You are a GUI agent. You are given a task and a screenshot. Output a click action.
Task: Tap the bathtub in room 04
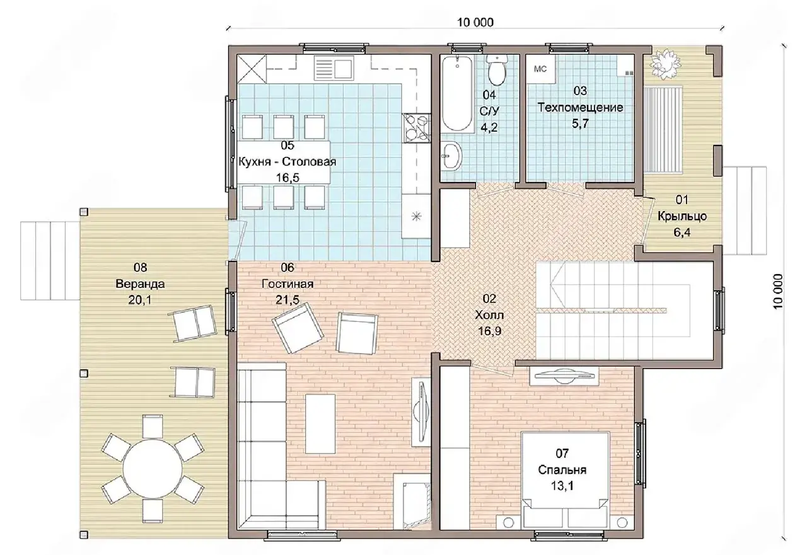(x=457, y=93)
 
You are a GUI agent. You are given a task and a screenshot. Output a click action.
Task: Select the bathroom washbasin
(x=452, y=156)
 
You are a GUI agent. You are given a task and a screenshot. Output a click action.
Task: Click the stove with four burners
(x=417, y=128)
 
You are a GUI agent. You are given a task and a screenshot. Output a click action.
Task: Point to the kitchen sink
(x=334, y=69)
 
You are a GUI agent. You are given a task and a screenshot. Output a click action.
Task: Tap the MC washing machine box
(x=540, y=69)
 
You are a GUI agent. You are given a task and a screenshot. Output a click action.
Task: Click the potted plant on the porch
(x=665, y=64)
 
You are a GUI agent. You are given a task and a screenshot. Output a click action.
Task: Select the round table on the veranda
(x=153, y=469)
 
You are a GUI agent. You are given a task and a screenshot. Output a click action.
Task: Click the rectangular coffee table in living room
(x=320, y=424)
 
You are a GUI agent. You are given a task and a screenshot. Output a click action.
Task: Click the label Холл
(x=489, y=315)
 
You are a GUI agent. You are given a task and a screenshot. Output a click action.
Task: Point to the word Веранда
(x=140, y=284)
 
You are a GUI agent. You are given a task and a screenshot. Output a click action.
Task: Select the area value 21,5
(x=287, y=300)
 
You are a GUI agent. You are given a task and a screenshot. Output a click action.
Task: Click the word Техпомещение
(x=580, y=107)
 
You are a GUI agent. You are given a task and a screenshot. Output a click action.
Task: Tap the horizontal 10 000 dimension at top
(x=475, y=22)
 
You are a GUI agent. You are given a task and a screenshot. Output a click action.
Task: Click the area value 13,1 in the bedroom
(x=562, y=486)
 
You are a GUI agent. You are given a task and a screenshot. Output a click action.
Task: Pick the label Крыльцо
(x=682, y=216)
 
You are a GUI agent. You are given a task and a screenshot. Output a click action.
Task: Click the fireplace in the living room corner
(x=412, y=501)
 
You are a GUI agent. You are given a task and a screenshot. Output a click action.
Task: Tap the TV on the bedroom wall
(x=564, y=375)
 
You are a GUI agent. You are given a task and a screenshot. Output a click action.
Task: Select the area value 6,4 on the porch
(x=682, y=232)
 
